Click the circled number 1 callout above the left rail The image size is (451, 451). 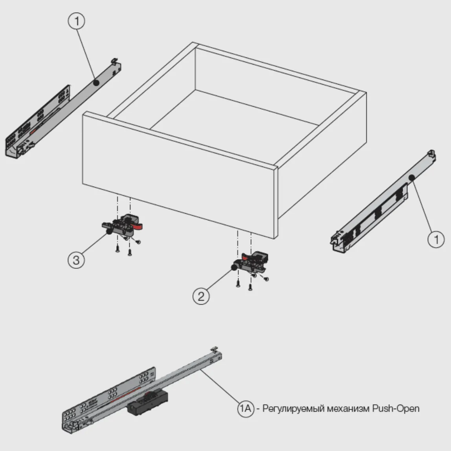click(77, 21)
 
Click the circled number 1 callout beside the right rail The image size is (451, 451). click(436, 239)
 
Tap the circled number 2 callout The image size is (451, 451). click(201, 296)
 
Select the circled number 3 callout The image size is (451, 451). click(76, 260)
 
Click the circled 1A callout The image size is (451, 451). click(246, 408)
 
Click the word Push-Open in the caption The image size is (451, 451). click(396, 408)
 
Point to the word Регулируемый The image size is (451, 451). click(293, 409)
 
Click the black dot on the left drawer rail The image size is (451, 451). click(96, 83)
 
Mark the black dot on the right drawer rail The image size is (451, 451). click(412, 177)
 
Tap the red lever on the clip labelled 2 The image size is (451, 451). click(246, 256)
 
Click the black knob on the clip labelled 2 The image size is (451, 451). click(234, 268)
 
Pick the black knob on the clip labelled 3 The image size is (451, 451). click(109, 232)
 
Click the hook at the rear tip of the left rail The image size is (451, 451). click(115, 61)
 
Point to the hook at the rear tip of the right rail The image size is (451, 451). click(431, 153)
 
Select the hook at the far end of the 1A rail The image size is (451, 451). click(214, 349)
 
